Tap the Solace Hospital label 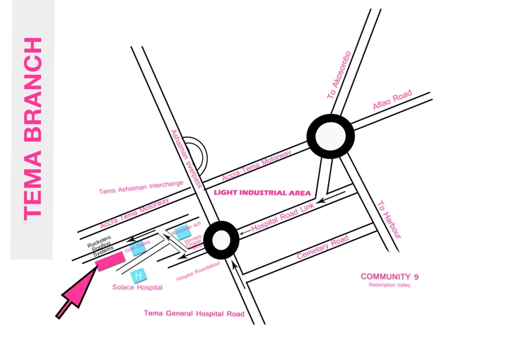click(x=137, y=287)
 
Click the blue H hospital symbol click(x=140, y=274)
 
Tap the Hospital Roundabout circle click(x=222, y=240)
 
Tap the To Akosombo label click(x=339, y=74)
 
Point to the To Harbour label click(x=389, y=220)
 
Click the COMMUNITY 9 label click(x=390, y=277)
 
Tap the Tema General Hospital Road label click(x=194, y=313)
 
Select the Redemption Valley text click(x=390, y=285)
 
